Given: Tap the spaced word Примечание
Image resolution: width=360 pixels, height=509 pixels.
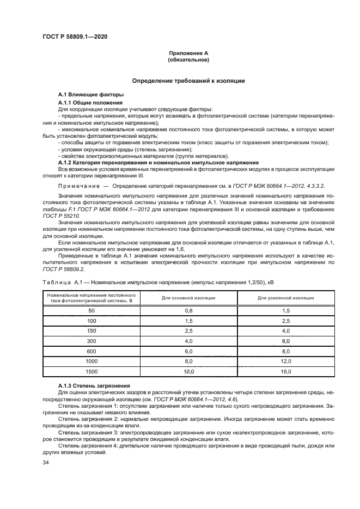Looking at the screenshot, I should click(80, 186).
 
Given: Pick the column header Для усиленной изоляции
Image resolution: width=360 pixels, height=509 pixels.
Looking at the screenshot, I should click(285, 298).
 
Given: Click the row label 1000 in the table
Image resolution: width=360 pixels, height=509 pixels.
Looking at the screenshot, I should click(91, 360).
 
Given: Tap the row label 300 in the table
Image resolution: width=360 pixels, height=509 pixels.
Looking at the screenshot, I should click(91, 340).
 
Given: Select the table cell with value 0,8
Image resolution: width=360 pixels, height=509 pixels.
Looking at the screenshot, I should click(189, 310).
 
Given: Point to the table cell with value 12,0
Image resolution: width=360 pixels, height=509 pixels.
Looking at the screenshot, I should click(285, 360).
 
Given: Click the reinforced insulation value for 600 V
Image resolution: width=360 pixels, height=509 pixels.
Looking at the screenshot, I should click(285, 351).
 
